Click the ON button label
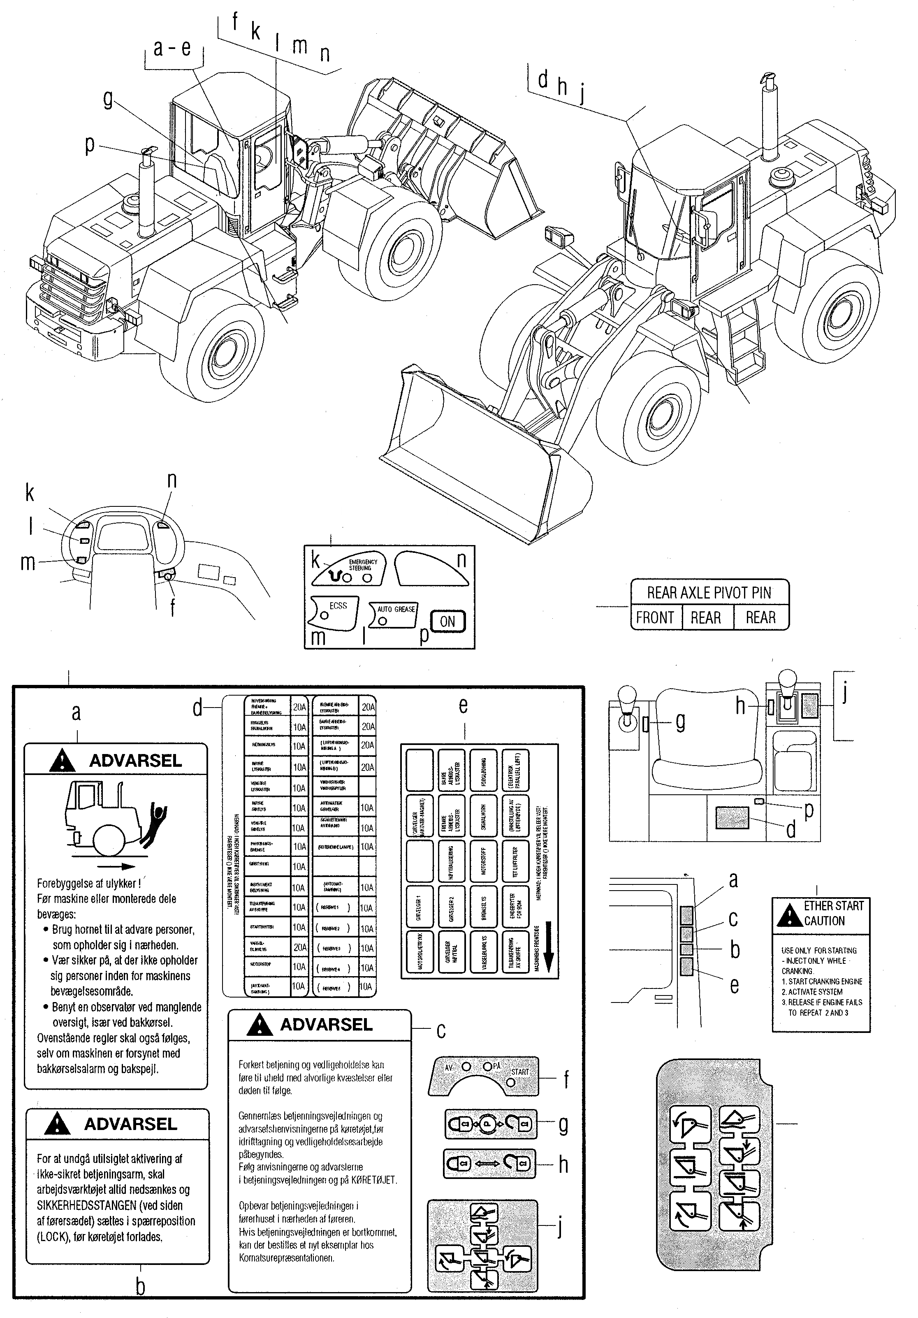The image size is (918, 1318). tap(447, 621)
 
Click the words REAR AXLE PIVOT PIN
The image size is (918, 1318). tap(709, 592)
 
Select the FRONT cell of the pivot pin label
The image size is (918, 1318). tap(655, 618)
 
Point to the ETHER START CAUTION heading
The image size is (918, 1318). tap(832, 913)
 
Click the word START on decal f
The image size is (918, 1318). tap(520, 1071)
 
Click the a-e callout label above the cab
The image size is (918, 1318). tap(172, 48)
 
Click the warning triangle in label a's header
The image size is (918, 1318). tap(63, 761)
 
